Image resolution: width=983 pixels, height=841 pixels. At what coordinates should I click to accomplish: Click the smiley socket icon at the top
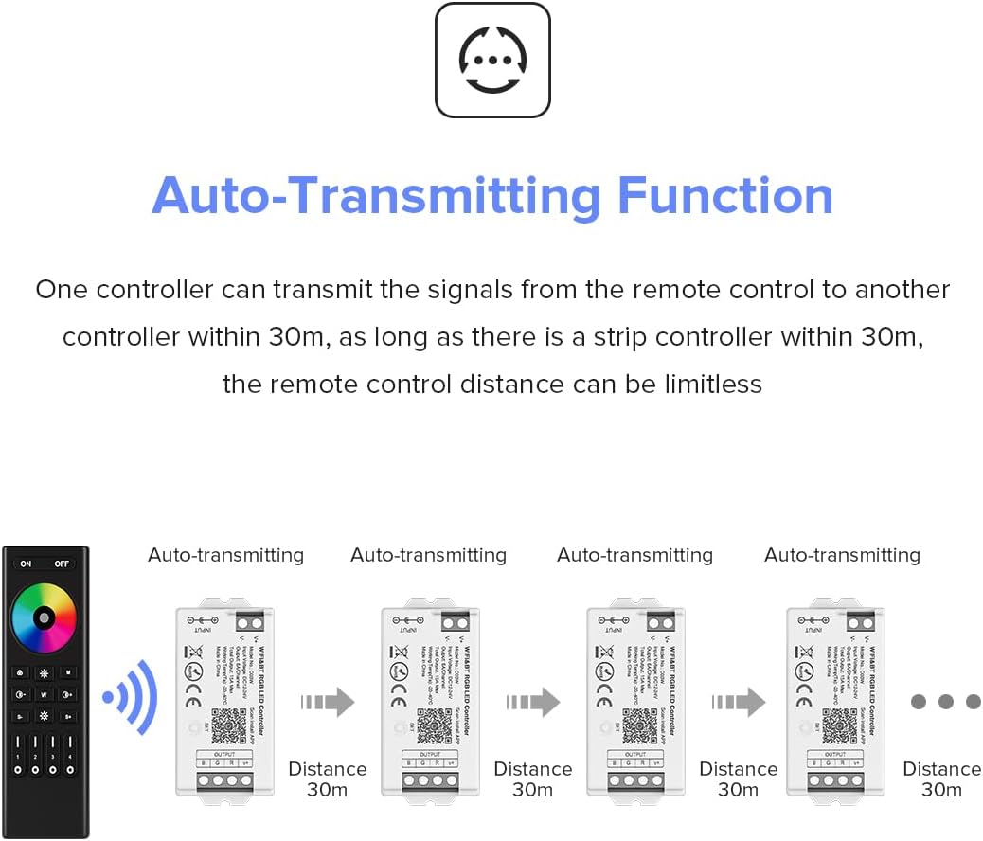(x=492, y=60)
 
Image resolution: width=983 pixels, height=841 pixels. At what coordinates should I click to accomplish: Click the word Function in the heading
(x=724, y=196)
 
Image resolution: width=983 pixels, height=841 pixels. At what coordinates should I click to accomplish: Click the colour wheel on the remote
(x=44, y=617)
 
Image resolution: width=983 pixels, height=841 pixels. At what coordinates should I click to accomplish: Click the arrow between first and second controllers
(x=327, y=702)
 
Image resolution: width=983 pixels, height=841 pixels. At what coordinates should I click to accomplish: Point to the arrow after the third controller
(x=738, y=702)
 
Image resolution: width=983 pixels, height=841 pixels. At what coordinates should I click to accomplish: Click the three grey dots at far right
(x=944, y=702)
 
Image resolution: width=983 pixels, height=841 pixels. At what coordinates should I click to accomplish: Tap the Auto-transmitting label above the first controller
(x=225, y=555)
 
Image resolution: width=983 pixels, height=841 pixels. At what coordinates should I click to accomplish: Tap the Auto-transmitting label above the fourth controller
(x=842, y=555)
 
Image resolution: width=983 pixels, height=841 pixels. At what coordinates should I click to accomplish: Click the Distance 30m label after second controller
(x=533, y=778)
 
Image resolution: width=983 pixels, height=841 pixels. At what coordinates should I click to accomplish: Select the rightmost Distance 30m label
(x=941, y=778)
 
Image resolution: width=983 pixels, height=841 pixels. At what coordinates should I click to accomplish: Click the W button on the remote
(x=44, y=694)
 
